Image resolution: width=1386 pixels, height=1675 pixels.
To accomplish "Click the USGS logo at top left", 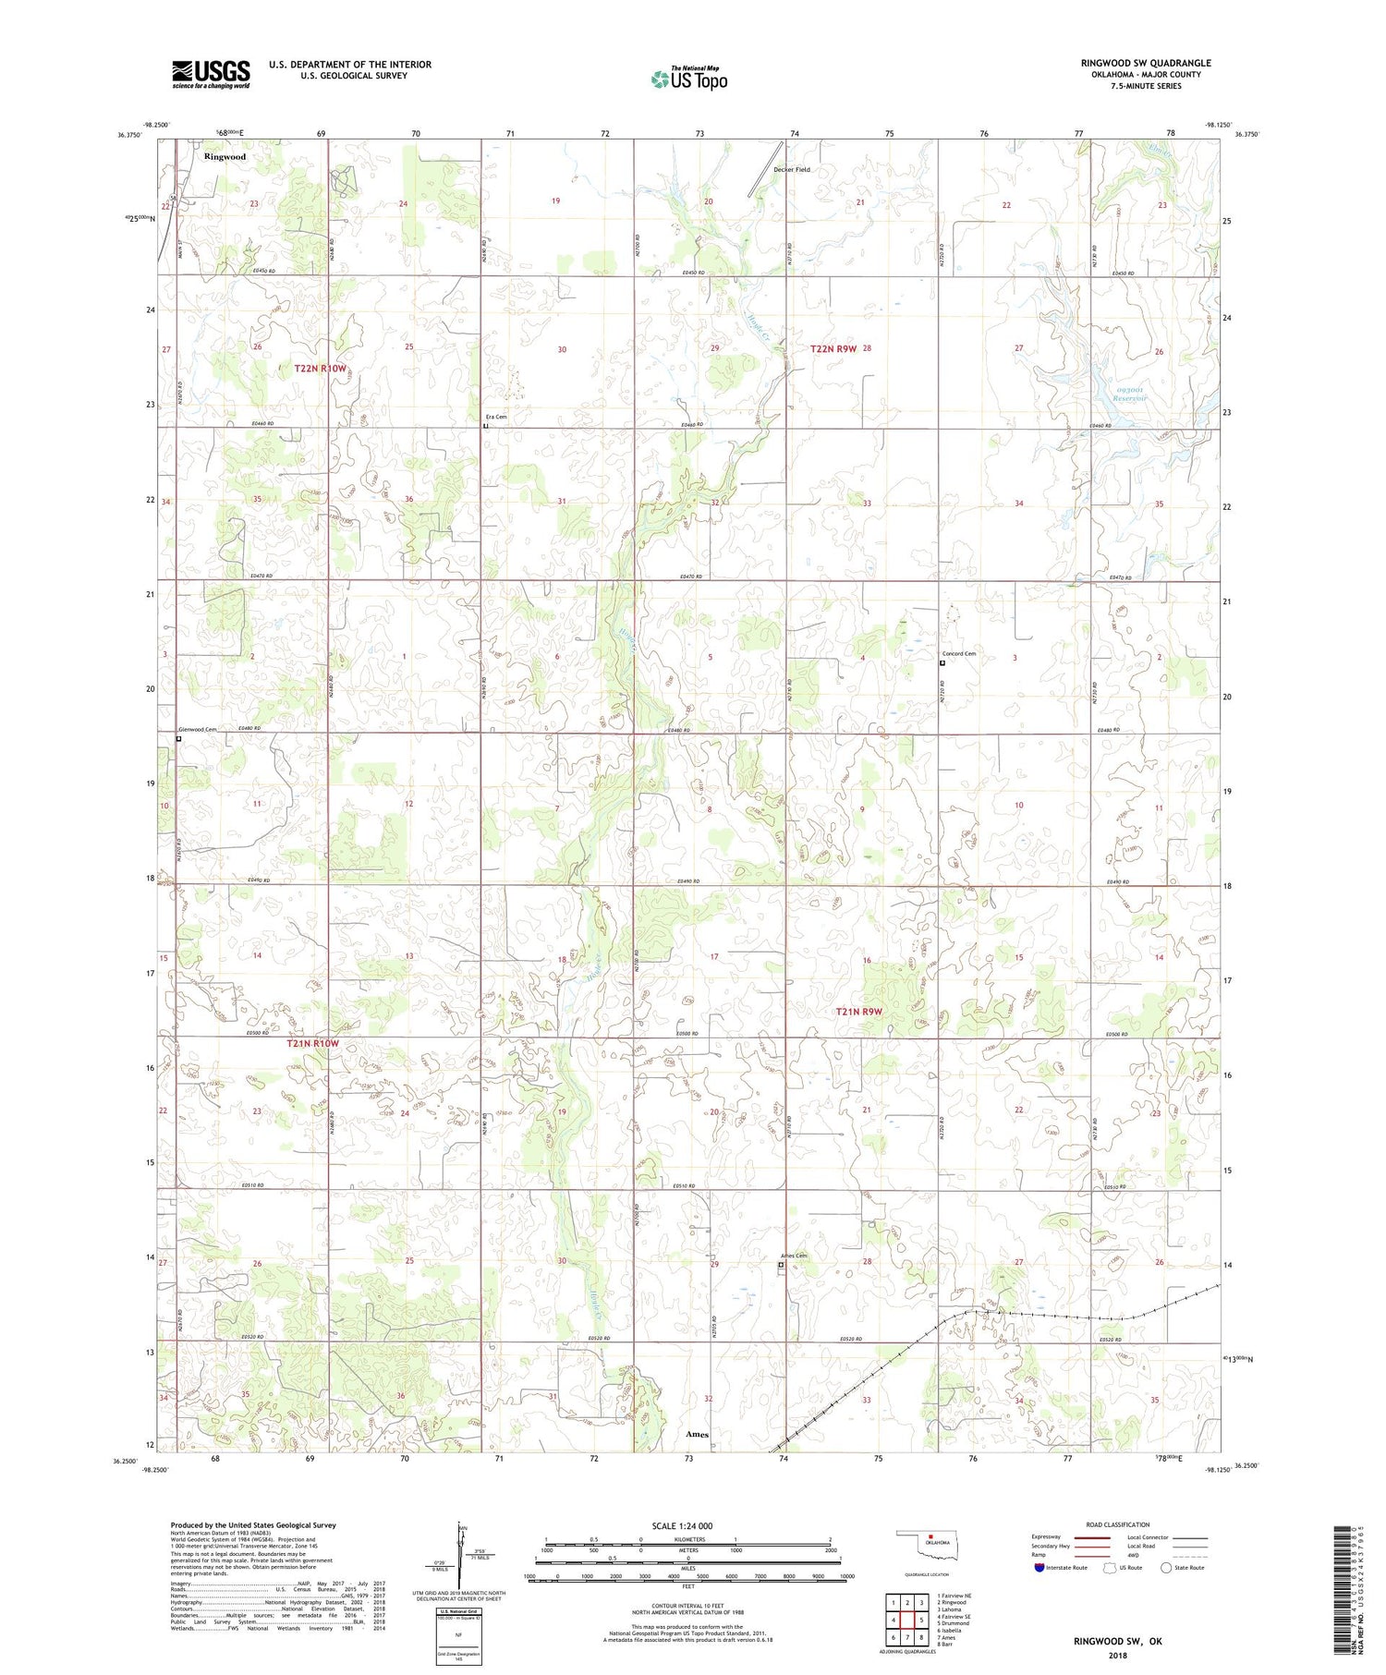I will pyautogui.click(x=211, y=74).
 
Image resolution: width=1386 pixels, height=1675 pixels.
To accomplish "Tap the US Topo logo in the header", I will pyautogui.click(x=688, y=79).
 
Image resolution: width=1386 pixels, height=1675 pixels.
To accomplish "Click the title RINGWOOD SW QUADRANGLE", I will pyautogui.click(x=1145, y=63).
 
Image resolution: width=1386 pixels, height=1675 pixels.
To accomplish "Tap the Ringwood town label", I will pyautogui.click(x=225, y=157).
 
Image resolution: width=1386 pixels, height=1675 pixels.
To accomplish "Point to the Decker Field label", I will pyautogui.click(x=792, y=170).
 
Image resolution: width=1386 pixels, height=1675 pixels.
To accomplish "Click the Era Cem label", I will pyautogui.click(x=496, y=417).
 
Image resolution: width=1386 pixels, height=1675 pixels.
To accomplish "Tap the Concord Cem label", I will pyautogui.click(x=959, y=653).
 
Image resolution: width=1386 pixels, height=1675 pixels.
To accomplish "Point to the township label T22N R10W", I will pyautogui.click(x=320, y=369).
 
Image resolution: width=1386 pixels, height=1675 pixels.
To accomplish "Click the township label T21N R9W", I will pyautogui.click(x=858, y=1012).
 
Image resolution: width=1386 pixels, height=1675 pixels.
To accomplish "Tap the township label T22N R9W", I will pyautogui.click(x=833, y=348).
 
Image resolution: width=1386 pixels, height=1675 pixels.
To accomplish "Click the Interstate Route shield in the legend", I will pyautogui.click(x=1039, y=1567).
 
